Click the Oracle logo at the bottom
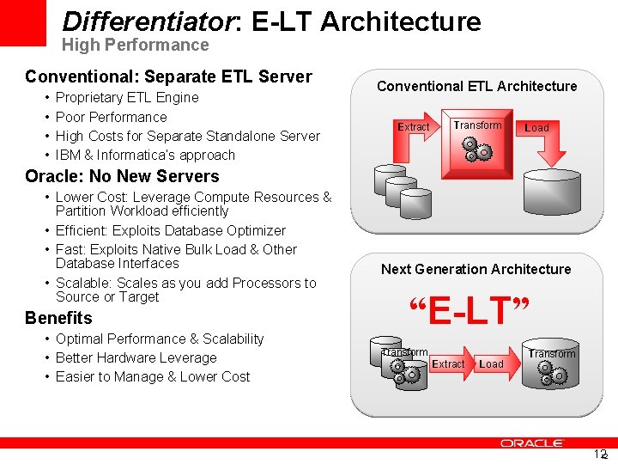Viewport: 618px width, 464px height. [x=531, y=443]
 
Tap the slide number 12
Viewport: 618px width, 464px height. [x=600, y=454]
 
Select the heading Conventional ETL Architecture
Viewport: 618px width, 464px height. [x=476, y=86]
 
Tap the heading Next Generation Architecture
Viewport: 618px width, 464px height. [x=476, y=269]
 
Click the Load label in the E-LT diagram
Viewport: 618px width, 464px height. [x=491, y=364]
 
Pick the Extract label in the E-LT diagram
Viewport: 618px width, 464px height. [x=448, y=364]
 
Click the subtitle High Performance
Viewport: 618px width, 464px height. [x=135, y=45]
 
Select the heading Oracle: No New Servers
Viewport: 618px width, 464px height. [x=122, y=176]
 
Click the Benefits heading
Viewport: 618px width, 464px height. [x=58, y=318]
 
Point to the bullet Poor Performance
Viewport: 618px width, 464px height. [x=112, y=117]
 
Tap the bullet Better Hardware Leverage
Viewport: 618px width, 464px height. [x=136, y=357]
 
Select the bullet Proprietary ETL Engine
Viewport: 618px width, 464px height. [x=127, y=98]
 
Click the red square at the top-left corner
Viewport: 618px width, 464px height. [x=22, y=22]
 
